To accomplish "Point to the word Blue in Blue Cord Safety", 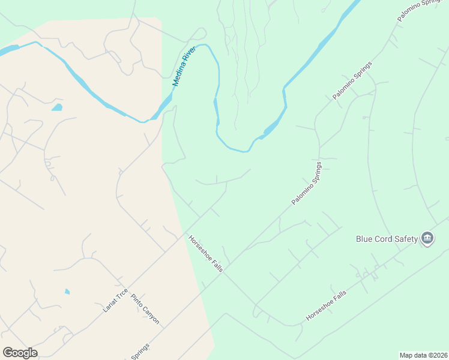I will (x=366, y=239).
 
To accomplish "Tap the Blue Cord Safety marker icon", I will (x=427, y=239).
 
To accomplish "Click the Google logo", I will (x=20, y=353).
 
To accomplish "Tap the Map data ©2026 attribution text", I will (x=423, y=355).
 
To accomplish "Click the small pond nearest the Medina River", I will (x=57, y=108).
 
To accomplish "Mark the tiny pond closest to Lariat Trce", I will (x=67, y=292).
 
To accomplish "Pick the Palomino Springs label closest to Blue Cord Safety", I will (x=307, y=183).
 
